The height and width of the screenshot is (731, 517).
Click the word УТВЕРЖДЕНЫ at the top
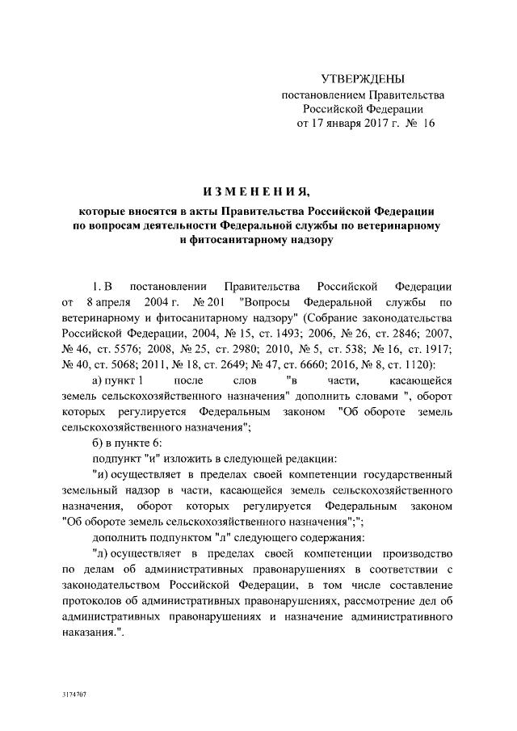click(362, 78)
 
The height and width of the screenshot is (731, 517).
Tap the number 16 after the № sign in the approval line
click(428, 124)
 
